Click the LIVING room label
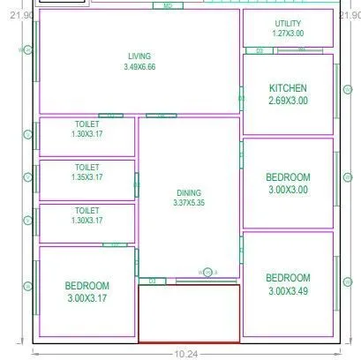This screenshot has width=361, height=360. [x=139, y=56]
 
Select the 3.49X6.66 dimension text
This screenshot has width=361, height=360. [x=139, y=67]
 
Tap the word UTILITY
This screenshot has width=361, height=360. [x=288, y=23]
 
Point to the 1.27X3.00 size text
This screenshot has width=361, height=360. [x=288, y=34]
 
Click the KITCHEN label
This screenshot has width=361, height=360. [x=288, y=88]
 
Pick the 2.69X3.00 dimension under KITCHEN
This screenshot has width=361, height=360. [x=288, y=101]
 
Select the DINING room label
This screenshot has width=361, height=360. [x=189, y=192]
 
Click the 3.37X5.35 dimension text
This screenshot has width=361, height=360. [x=189, y=203]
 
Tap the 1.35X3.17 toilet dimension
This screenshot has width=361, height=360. [x=86, y=177]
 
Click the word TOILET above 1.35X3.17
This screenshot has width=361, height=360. [x=86, y=167]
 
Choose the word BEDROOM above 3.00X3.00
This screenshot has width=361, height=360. [x=288, y=176]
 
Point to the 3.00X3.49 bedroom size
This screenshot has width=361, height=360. [x=288, y=290]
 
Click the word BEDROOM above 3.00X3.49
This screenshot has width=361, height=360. [x=288, y=277]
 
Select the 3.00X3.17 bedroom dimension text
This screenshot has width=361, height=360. [x=86, y=298]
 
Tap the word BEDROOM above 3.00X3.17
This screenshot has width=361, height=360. [x=86, y=286]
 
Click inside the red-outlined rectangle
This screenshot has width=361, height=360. [x=189, y=313]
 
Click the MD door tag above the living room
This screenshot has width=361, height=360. [x=168, y=6]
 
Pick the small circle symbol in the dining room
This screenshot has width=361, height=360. [x=207, y=272]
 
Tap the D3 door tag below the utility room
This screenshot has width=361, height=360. [x=259, y=51]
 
